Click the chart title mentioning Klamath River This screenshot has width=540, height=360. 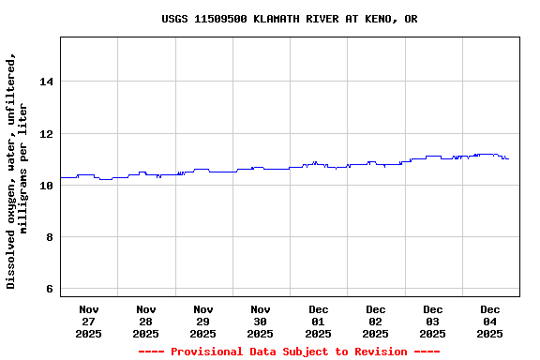coord(290,19)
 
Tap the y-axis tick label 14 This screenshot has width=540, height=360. coord(45,82)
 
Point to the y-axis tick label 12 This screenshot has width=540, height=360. coord(45,134)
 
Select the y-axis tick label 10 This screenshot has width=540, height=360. coord(45,186)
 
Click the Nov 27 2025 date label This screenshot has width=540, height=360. coord(89,322)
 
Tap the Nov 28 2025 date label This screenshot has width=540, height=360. coord(146,322)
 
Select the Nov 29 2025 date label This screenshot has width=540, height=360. coord(203,322)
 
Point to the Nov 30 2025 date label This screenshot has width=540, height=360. coord(261,322)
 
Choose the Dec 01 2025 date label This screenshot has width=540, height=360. coord(319,322)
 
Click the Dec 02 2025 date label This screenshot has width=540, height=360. coord(376,322)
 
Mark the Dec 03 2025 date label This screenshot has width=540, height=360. coord(433,322)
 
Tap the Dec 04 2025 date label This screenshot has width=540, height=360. coord(490,322)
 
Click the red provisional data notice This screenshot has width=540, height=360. coord(290,352)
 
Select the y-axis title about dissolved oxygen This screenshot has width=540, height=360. coord(17,171)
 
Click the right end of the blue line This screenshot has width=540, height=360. coord(508,158)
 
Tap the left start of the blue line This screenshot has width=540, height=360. coord(61,177)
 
